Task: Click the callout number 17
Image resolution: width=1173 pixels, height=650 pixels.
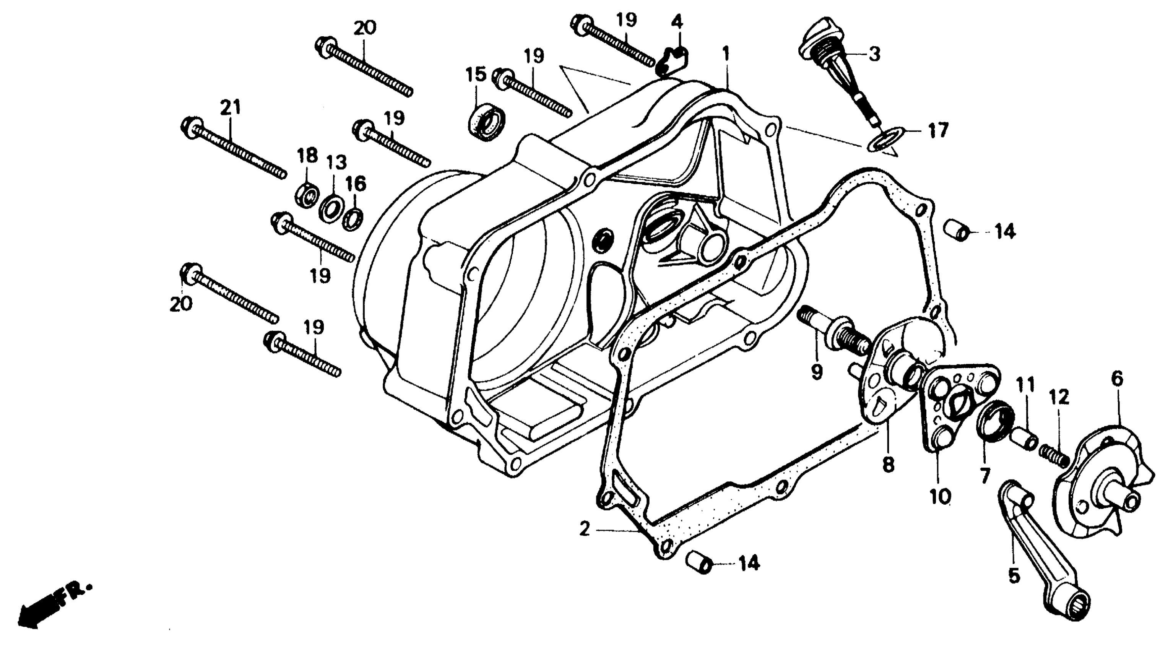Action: click(x=938, y=131)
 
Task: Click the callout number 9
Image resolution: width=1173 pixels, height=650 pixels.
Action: click(x=816, y=372)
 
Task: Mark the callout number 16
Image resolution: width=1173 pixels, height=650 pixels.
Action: click(x=356, y=184)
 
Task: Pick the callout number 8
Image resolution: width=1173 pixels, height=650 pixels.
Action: click(x=889, y=465)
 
